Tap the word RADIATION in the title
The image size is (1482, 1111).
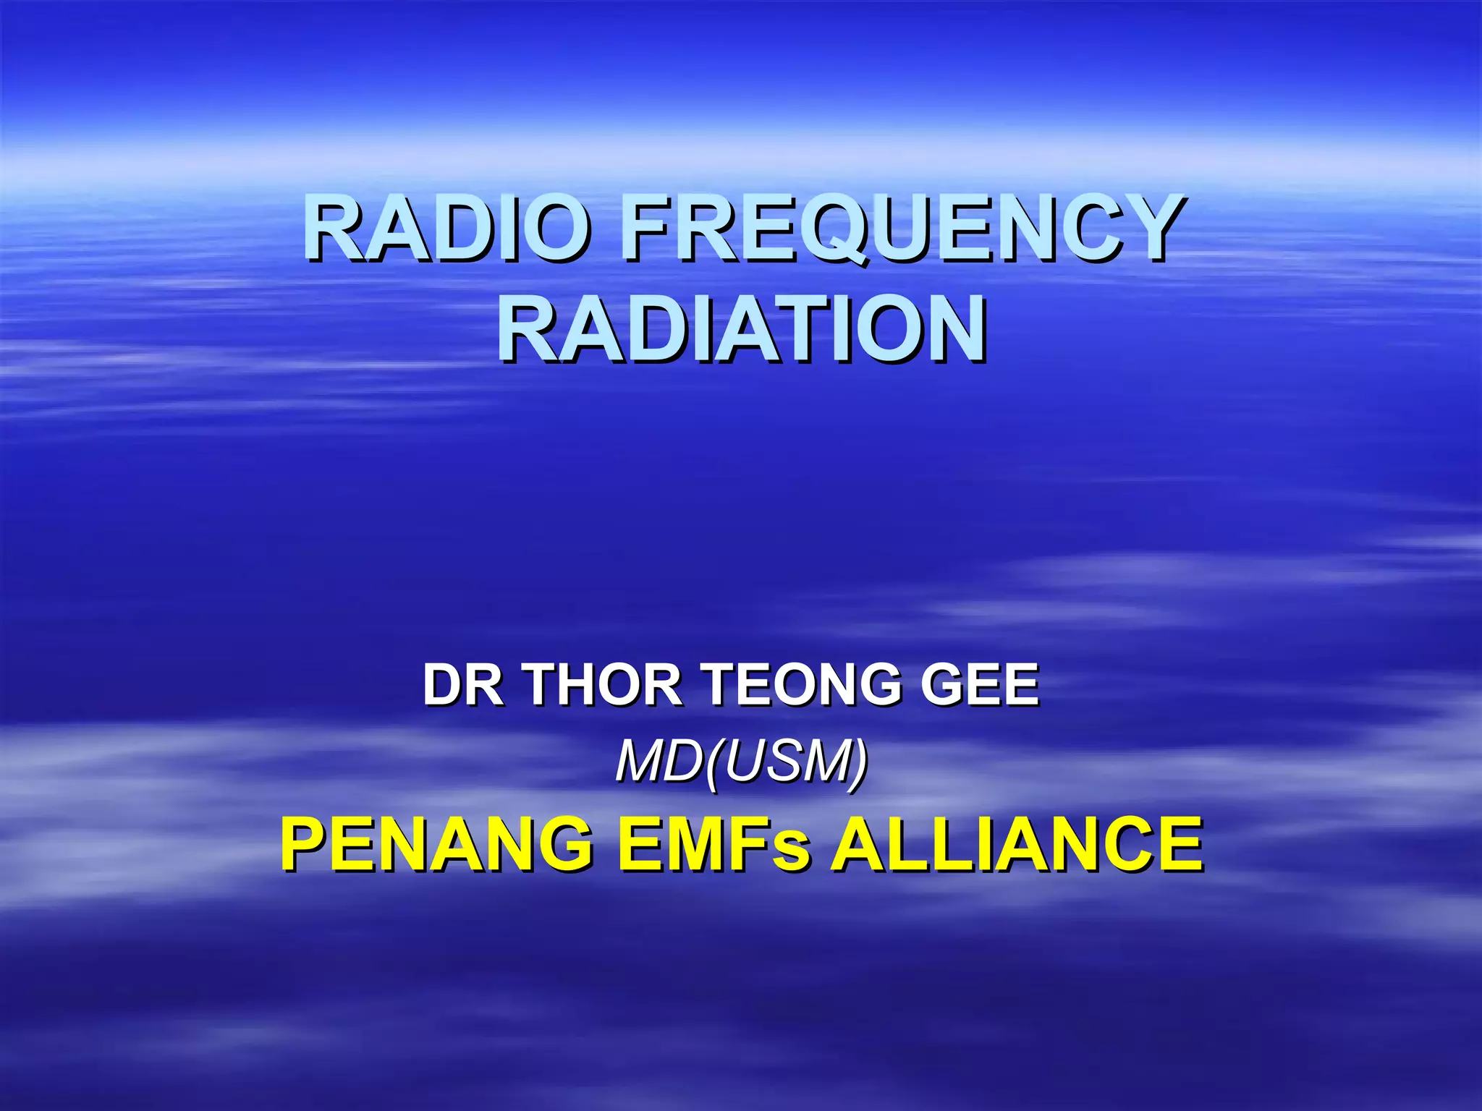741,330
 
